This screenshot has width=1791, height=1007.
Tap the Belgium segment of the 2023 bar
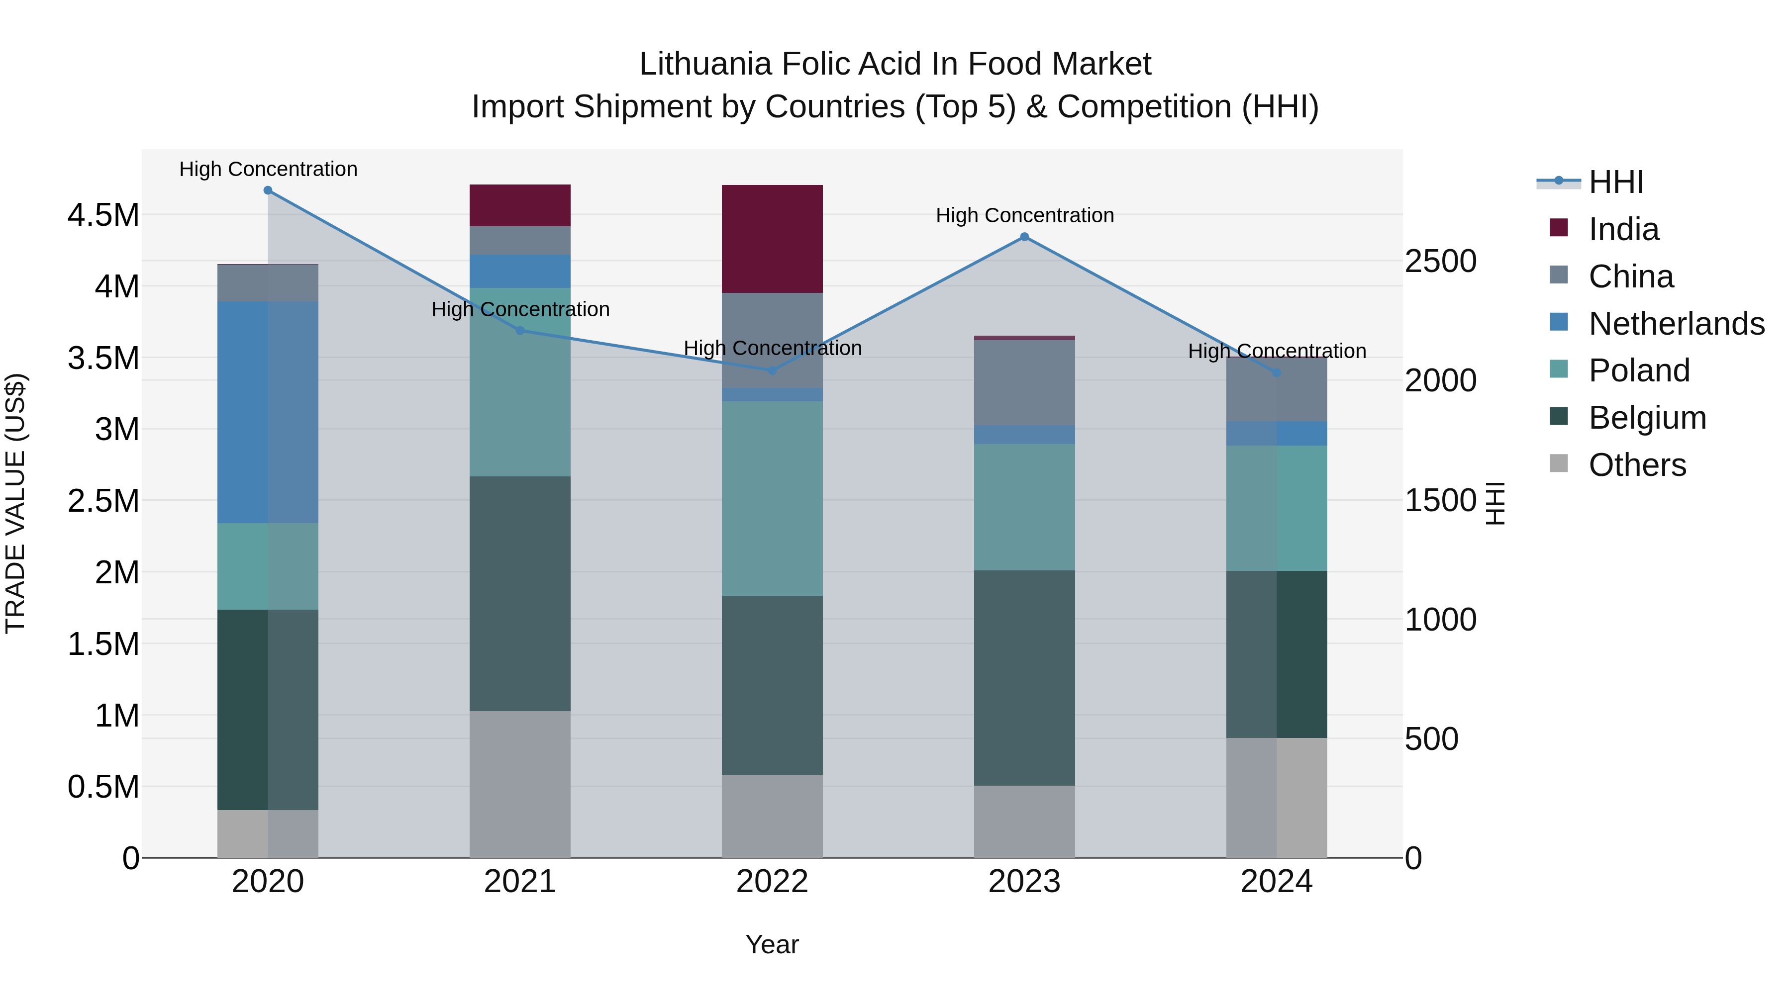[x=1024, y=678]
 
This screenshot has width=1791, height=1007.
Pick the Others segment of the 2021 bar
[x=520, y=783]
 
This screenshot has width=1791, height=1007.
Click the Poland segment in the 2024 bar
[x=1277, y=508]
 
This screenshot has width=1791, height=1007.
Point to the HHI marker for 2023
[x=1024, y=237]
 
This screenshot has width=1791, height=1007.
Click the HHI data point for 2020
[x=268, y=190]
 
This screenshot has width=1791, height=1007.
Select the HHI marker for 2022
[x=772, y=370]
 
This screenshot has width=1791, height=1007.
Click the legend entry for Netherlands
[x=1676, y=324]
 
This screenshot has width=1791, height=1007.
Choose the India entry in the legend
[x=1623, y=229]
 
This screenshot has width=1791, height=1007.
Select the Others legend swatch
[x=1559, y=463]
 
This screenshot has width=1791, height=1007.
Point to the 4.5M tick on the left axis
[x=103, y=215]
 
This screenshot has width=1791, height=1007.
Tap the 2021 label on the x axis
[x=520, y=882]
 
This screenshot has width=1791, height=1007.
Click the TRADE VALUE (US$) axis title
[x=15, y=503]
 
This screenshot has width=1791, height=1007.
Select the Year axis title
[x=772, y=944]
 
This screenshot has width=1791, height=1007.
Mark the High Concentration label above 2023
[x=1024, y=215]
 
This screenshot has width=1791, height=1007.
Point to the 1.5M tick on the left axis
[x=103, y=644]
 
